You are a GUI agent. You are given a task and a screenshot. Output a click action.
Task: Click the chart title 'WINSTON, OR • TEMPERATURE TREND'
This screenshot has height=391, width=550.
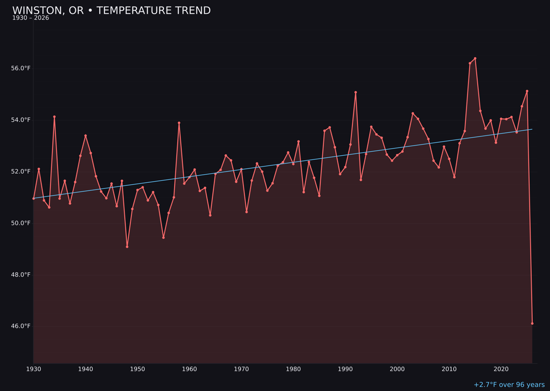111,11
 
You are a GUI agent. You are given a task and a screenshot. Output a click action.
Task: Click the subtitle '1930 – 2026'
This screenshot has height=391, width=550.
31,18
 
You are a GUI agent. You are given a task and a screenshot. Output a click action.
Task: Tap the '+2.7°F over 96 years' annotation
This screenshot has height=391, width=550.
509,385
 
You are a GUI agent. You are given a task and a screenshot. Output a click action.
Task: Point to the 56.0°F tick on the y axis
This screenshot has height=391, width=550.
21,68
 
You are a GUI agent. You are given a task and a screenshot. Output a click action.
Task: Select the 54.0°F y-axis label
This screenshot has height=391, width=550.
21,120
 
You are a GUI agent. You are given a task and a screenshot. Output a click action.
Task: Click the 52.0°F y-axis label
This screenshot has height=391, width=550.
21,172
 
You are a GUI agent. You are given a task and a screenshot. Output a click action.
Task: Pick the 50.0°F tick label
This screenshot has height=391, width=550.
21,223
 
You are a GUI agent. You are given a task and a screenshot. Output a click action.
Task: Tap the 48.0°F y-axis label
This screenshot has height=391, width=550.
21,274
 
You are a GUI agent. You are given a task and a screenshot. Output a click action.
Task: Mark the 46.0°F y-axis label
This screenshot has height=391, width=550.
21,326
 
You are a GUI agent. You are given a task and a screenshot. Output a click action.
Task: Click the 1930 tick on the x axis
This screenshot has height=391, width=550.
34,369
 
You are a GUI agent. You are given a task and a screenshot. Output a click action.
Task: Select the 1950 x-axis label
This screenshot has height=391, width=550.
137,369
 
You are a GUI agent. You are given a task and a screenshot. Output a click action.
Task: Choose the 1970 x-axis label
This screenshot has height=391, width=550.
241,369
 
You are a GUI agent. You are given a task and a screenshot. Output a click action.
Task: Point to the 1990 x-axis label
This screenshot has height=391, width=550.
345,369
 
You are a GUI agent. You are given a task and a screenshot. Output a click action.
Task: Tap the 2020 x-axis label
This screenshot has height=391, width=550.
501,369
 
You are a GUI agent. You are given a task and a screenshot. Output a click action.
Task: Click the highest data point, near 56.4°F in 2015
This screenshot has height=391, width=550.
475,58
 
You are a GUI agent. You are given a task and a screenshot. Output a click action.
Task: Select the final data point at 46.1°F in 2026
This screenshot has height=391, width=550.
532,323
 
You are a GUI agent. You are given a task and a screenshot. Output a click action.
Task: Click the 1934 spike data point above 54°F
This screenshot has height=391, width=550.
54,117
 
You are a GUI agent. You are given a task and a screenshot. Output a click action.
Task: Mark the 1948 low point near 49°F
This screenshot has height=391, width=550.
127,247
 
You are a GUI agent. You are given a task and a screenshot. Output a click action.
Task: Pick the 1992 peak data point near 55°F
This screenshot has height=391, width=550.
355,92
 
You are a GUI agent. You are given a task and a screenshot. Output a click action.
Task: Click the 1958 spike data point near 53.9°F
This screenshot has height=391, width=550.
179,123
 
